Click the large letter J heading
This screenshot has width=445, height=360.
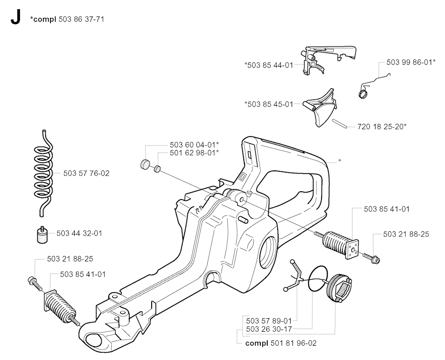15,19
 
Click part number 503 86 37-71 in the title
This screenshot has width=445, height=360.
81,19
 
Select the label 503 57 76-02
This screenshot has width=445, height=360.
86,173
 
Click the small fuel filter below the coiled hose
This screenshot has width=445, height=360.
42,234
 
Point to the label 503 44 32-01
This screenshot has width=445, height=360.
79,233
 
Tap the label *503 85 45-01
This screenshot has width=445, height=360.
269,104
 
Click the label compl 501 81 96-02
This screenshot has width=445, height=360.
281,343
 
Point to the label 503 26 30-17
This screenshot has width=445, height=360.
269,329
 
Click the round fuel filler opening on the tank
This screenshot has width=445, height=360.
269,252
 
